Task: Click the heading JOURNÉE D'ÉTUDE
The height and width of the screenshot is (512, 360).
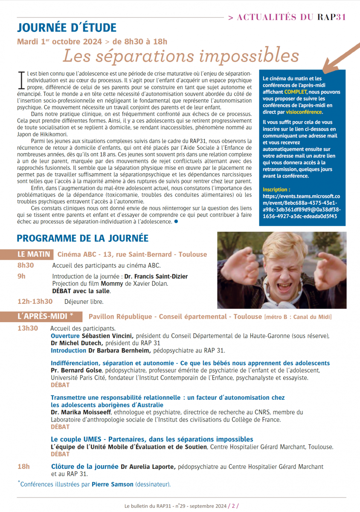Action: point(67,28)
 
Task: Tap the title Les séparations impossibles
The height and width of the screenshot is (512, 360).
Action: point(181,55)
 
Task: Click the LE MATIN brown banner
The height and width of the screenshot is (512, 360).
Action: point(34,254)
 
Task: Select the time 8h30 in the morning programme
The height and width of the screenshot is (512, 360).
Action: point(26,265)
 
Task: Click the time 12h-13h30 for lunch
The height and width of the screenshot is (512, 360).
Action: point(35,301)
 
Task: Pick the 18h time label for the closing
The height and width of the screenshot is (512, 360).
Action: point(23,467)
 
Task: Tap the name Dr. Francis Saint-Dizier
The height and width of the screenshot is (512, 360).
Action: point(155,276)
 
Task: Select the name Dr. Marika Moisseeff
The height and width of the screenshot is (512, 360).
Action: point(81,412)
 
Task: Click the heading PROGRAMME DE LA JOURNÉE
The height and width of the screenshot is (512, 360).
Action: point(83,238)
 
